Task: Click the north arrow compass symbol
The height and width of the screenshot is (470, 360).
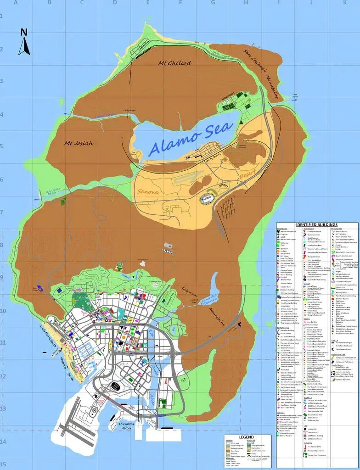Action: point(24,42)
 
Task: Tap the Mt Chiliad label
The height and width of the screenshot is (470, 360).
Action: point(174,63)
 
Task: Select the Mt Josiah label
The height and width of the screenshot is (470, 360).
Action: point(79,143)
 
